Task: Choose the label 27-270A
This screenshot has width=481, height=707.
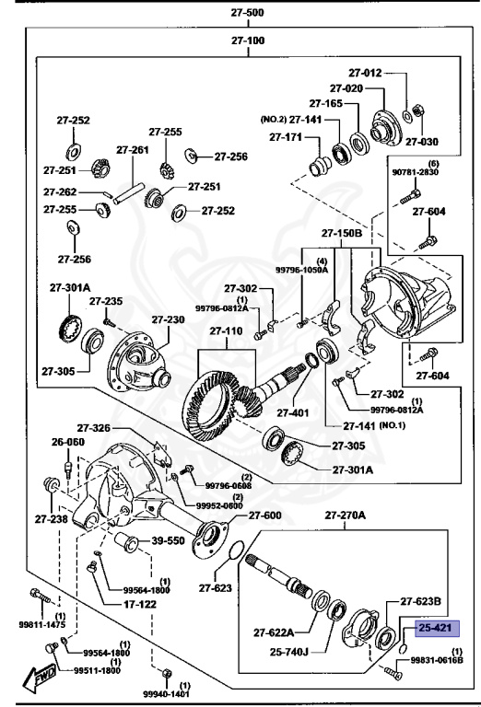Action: coord(343,516)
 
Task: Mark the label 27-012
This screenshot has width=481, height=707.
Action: coord(364,72)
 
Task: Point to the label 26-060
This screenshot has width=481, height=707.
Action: coord(67,441)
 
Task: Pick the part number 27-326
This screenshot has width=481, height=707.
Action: coord(93,428)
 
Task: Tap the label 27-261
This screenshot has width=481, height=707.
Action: coord(132,149)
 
